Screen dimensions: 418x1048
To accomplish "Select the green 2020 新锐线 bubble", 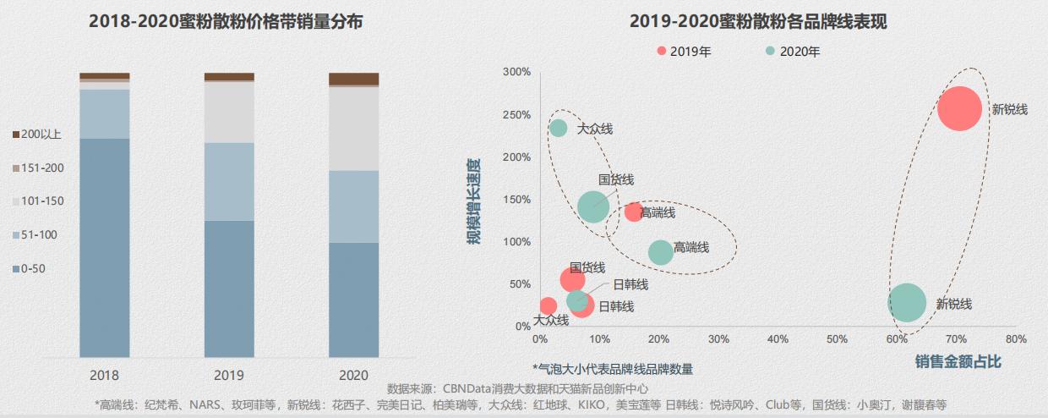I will coord(908,303).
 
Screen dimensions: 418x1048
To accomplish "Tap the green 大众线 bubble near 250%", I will coord(558,129).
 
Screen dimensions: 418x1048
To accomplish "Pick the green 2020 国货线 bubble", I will coord(593,206).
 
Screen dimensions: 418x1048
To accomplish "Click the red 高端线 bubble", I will coord(633,212).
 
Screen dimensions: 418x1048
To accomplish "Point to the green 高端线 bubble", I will coord(661,252).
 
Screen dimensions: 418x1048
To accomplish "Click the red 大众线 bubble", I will coord(548,306).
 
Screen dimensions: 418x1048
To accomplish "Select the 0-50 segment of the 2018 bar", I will coord(105,247).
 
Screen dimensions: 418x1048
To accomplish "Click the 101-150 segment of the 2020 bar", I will coord(353,129).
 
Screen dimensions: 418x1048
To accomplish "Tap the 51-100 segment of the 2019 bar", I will coord(229,181).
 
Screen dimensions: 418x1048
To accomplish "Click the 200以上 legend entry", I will coord(38,134).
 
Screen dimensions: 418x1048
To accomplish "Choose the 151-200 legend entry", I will coord(38,168).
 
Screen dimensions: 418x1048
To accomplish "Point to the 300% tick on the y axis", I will coord(516,72).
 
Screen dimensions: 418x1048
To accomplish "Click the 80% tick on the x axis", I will coord(1016,339).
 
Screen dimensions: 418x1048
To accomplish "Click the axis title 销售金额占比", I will coord(958,361).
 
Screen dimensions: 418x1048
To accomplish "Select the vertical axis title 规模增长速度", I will coord(475,201).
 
